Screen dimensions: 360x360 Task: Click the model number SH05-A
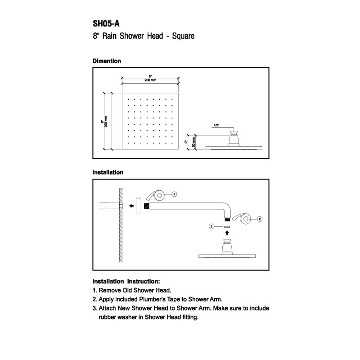[106, 24]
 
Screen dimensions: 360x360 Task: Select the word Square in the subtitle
[183, 36]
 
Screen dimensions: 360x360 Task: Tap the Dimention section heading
[107, 61]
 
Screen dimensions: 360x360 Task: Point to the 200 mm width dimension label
[150, 80]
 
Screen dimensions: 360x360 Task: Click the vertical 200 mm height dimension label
[106, 121]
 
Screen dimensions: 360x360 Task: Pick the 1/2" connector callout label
[216, 125]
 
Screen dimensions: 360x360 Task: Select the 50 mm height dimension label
[193, 142]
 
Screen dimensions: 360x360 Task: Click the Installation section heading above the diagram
[108, 172]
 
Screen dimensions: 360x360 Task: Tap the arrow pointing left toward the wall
[131, 206]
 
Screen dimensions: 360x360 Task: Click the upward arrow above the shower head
[227, 233]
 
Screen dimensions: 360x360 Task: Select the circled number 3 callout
[211, 227]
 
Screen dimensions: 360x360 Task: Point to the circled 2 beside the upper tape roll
[174, 194]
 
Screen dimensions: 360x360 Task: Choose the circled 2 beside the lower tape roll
[260, 219]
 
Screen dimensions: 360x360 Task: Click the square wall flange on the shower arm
[139, 206]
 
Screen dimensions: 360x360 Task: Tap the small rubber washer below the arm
[227, 227]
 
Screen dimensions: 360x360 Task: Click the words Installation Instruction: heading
[126, 282]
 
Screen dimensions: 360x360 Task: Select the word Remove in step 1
[110, 290]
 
